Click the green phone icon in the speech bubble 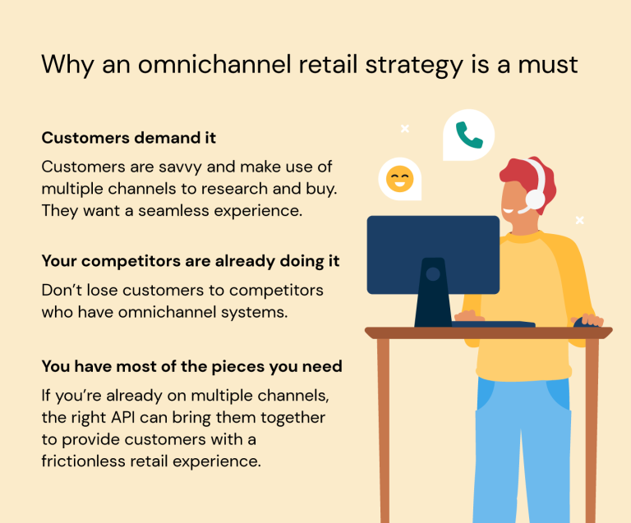[469, 135]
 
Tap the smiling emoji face [399, 178]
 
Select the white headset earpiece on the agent [535, 199]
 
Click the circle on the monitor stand [433, 274]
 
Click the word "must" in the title [548, 63]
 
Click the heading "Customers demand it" [129, 137]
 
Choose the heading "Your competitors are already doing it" [191, 261]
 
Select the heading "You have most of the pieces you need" [191, 366]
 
